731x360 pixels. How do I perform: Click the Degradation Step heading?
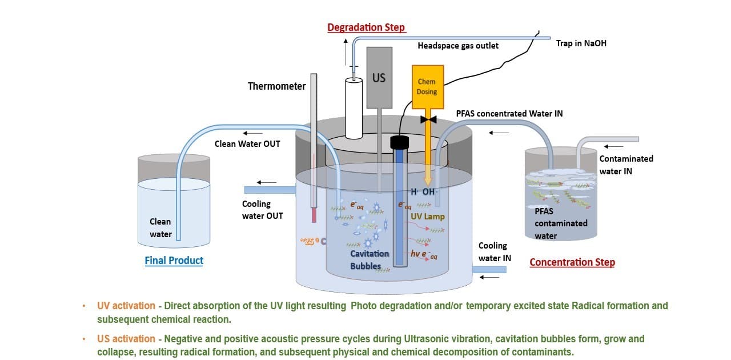point(365,27)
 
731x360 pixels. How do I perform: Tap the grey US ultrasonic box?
point(379,77)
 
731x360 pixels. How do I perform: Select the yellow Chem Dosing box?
point(427,87)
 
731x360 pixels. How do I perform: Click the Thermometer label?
point(276,86)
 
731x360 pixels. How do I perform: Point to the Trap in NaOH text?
point(581,43)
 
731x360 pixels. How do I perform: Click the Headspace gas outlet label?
point(458,46)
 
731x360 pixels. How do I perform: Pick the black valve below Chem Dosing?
point(428,119)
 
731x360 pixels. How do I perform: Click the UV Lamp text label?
point(427,217)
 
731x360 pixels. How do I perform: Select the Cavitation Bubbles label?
point(369,259)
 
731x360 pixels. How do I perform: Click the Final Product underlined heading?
point(174,261)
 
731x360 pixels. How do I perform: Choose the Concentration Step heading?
point(572,262)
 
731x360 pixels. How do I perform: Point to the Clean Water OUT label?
point(247,144)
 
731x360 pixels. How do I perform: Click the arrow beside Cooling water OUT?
point(266,182)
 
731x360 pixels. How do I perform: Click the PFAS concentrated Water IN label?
point(509,114)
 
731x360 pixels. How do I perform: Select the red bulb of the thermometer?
point(314,215)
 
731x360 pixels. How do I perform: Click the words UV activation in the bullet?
point(126,306)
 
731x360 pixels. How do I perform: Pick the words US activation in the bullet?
point(126,339)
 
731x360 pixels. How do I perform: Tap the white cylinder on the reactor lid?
point(354,109)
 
